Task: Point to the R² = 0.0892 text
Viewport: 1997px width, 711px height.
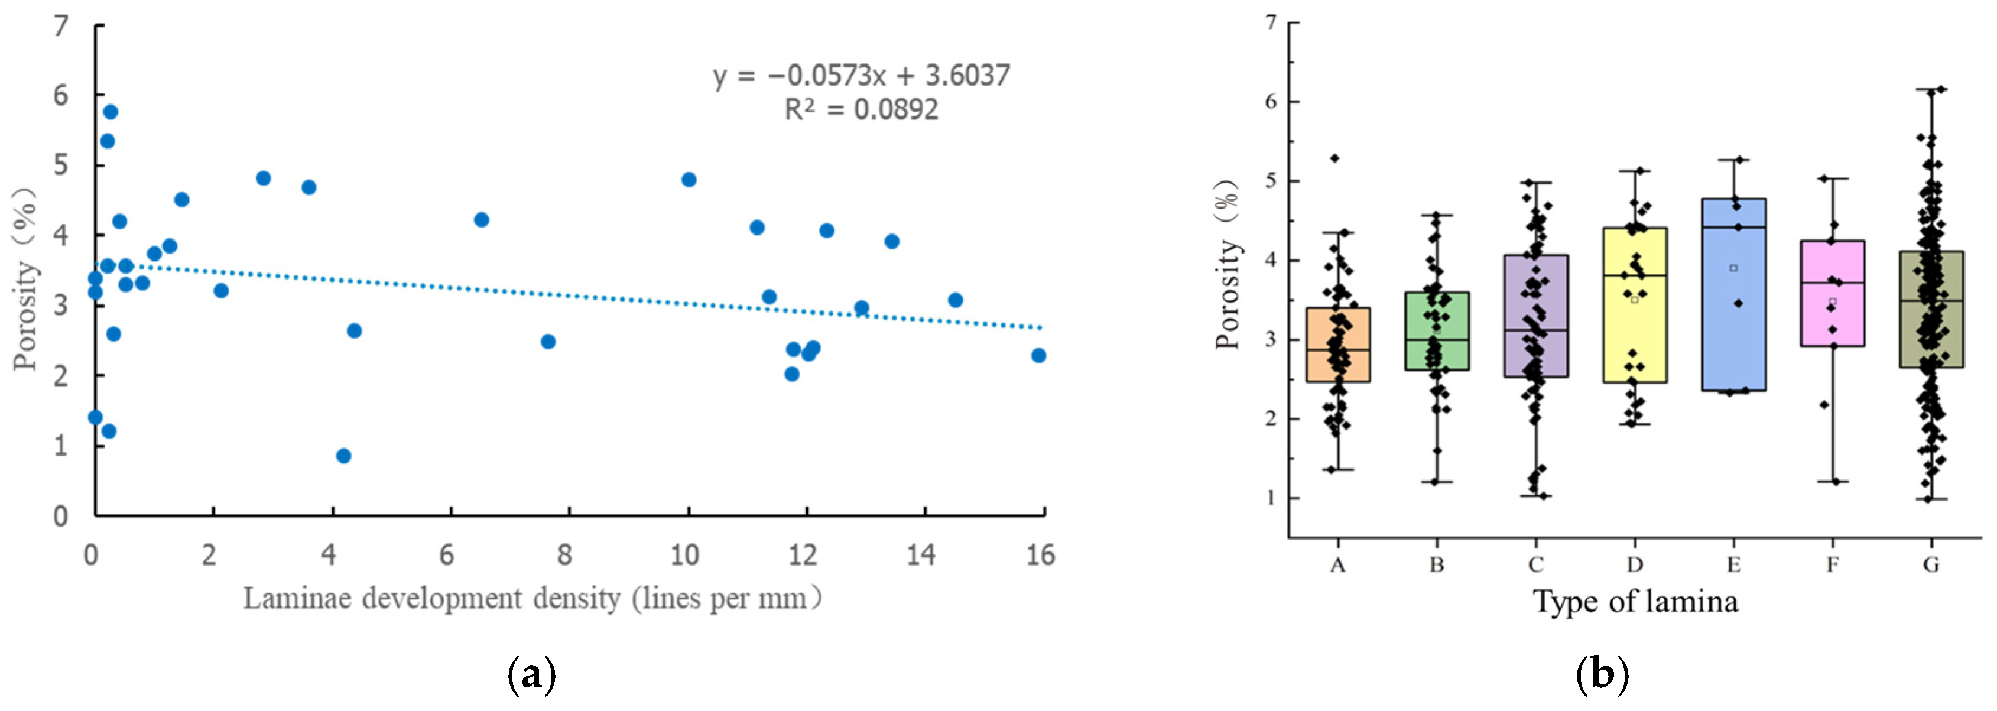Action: [861, 109]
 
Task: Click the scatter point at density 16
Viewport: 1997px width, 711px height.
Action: [1039, 355]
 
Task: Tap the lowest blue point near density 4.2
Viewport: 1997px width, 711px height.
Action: [343, 456]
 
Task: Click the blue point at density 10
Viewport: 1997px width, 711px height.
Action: [689, 180]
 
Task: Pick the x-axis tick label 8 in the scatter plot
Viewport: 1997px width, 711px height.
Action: [565, 554]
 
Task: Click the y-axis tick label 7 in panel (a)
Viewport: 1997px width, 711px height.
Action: [60, 27]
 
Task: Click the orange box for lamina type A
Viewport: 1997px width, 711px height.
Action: [1338, 344]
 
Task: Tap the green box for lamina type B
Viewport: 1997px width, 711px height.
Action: [1437, 331]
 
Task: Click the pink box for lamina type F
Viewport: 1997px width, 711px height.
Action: [1833, 293]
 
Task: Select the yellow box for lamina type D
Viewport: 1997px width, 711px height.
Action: [1635, 305]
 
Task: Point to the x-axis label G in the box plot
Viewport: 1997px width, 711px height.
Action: [1931, 564]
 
